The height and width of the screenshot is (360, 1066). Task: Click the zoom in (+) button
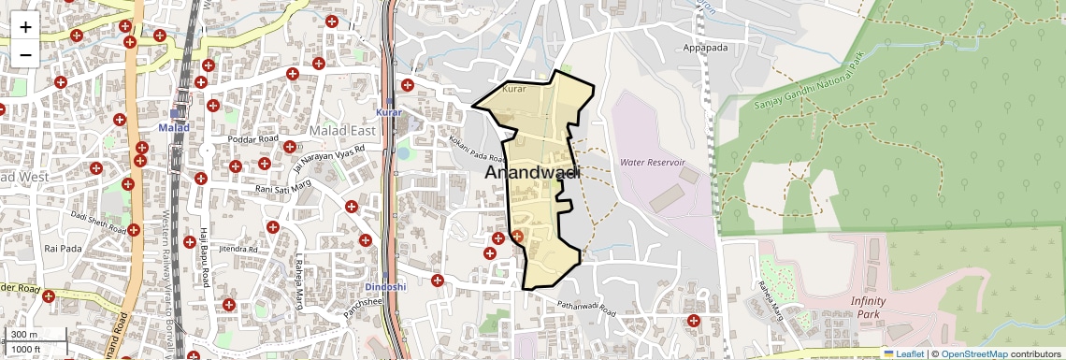click(25, 27)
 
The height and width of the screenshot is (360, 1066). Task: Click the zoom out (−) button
click(25, 53)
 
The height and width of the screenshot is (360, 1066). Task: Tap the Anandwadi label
click(532, 173)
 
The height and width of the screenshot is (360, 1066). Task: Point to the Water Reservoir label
click(653, 163)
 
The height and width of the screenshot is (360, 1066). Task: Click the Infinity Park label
click(874, 307)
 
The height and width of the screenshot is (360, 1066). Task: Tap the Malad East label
click(342, 131)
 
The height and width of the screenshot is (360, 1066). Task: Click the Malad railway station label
click(174, 127)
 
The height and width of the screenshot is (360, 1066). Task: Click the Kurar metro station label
click(388, 112)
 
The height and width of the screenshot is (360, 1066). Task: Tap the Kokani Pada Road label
click(477, 150)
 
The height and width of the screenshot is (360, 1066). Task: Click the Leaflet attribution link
click(903, 353)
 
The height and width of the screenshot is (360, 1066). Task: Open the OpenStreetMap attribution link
click(973, 353)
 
